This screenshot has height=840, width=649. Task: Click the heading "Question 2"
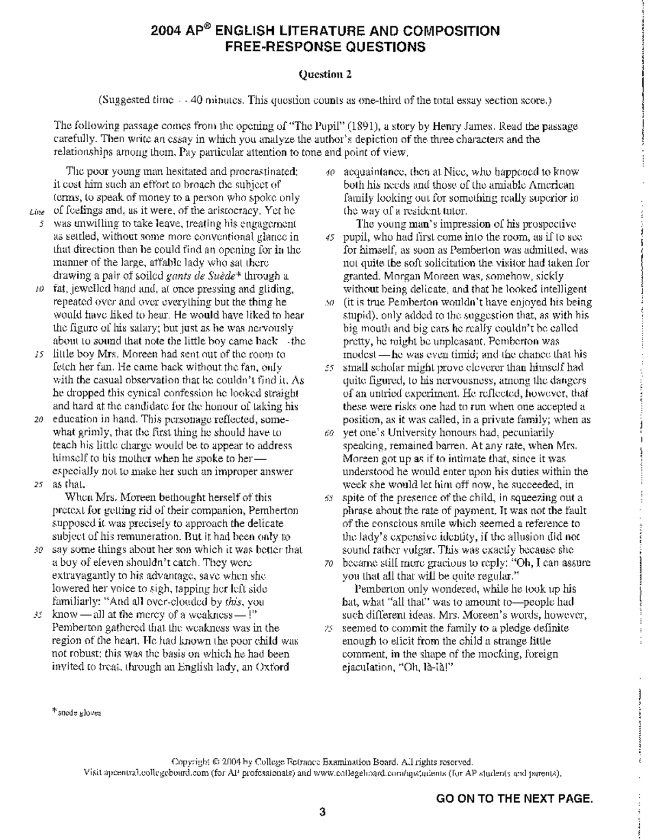(325, 75)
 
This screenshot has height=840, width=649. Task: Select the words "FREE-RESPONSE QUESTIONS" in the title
(325, 47)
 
